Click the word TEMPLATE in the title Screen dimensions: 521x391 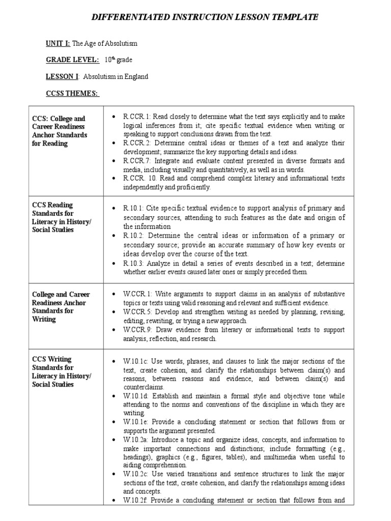(x=291, y=17)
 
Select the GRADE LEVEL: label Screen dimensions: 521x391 (x=73, y=60)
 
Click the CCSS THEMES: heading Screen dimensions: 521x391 (x=73, y=93)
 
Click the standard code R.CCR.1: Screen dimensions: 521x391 (x=135, y=117)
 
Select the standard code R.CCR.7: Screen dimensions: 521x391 (x=135, y=161)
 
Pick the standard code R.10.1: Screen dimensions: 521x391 (x=133, y=208)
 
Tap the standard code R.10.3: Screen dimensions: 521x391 (x=133, y=264)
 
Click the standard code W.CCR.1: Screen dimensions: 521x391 (x=136, y=294)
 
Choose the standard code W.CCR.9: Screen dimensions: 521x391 (x=136, y=330)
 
